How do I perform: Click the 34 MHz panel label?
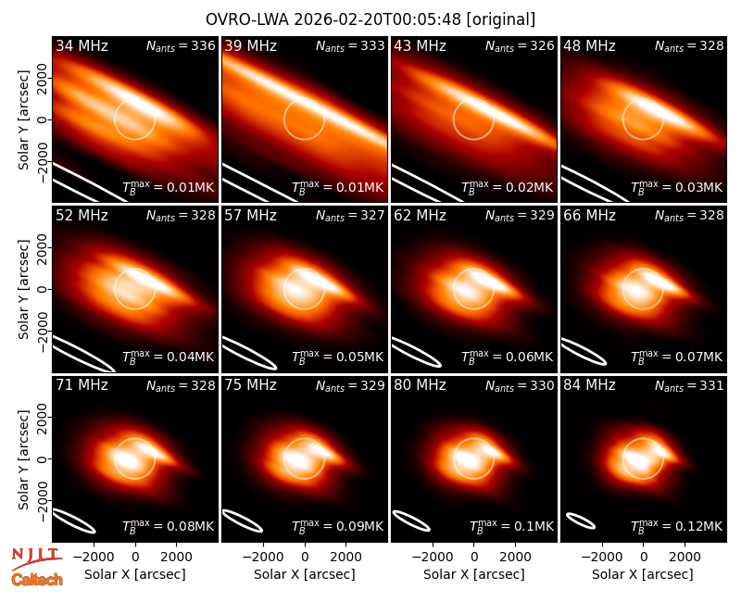coord(82,45)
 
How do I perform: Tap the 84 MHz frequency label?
coord(589,385)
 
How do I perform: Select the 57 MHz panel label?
coord(250,216)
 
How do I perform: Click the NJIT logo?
coord(36,558)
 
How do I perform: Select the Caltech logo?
coord(37,580)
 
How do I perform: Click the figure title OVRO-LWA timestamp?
coord(370,19)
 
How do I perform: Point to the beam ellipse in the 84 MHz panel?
coord(581,520)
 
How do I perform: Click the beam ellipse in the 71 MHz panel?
coord(73,520)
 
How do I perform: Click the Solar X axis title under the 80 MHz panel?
coord(474,574)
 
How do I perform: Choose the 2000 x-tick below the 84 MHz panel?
coord(684,557)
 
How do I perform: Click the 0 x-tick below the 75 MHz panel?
coord(305,557)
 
